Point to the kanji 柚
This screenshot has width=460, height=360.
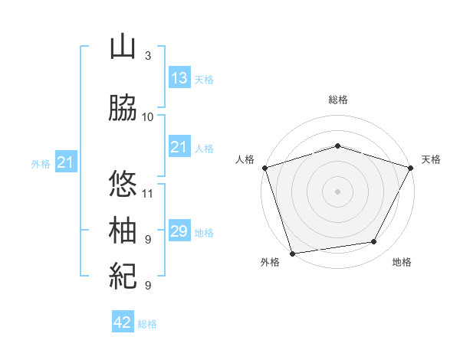[x=123, y=231]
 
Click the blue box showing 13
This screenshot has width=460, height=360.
[x=179, y=77]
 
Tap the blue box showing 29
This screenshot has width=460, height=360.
[x=179, y=231]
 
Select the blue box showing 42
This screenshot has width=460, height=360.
[x=123, y=322]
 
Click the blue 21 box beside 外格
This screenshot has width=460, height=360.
[x=65, y=162]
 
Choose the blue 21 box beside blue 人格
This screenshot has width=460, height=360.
[x=179, y=147]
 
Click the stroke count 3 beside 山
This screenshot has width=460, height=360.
[x=147, y=56]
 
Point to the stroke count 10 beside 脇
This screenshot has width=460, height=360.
[x=148, y=117]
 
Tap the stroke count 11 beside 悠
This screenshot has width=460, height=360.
[x=148, y=193]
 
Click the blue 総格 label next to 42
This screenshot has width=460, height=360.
[x=147, y=324]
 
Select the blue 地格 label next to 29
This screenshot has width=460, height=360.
[x=204, y=232]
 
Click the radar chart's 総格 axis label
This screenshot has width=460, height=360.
[x=338, y=100]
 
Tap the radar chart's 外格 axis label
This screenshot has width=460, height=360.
[x=270, y=263]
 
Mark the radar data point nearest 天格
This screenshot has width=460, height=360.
[x=411, y=167]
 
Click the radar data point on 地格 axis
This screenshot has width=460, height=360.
[x=374, y=242]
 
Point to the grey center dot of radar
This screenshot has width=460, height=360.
[x=337, y=191]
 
